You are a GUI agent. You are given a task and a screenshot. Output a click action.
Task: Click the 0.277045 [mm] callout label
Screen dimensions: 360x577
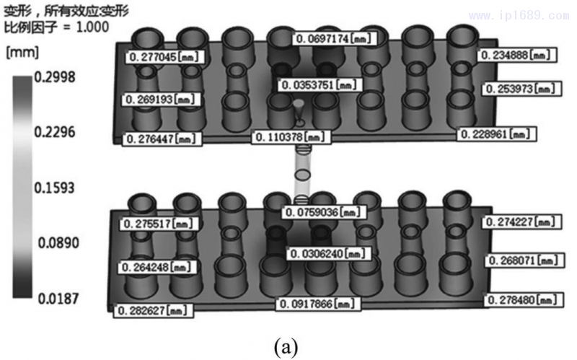164,56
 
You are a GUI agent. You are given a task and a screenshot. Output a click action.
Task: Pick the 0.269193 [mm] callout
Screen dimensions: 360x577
162,98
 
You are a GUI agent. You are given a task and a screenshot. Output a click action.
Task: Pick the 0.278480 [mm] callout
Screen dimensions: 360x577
522,299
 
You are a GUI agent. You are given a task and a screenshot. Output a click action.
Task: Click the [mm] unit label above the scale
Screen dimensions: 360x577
22,53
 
